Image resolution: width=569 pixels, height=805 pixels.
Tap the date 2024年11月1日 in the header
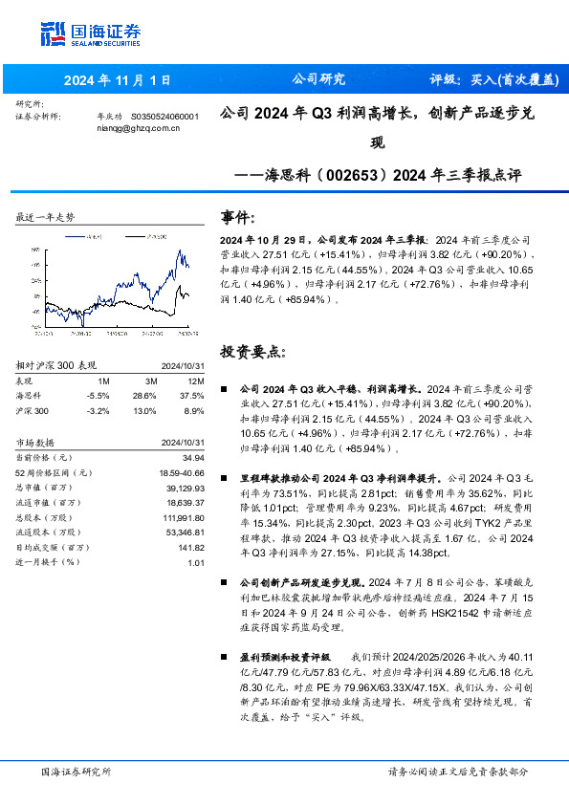tap(121, 79)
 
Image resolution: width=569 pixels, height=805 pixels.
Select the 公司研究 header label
tap(317, 79)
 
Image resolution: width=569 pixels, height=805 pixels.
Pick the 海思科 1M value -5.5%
tap(98, 395)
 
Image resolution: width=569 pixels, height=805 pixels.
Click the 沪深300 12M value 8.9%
tap(193, 409)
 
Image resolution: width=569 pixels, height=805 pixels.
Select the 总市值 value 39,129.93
tap(184, 488)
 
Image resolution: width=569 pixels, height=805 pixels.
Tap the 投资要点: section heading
tap(253, 351)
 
